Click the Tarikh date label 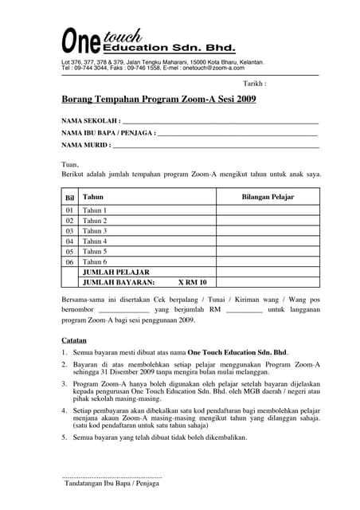tap(254, 83)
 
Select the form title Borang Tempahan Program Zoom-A tap(158, 100)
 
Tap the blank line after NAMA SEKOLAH tap(216, 123)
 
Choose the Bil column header tap(69, 197)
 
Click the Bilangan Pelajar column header tap(268, 196)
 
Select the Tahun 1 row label tap(95, 210)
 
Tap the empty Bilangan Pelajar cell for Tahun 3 tap(268, 231)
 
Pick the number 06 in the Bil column tap(69, 262)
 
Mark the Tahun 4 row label tap(95, 241)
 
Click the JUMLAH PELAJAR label tap(116, 273)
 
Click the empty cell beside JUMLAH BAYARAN tap(268, 283)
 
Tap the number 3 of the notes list tap(64, 384)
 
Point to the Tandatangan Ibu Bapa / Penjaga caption tap(112, 484)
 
